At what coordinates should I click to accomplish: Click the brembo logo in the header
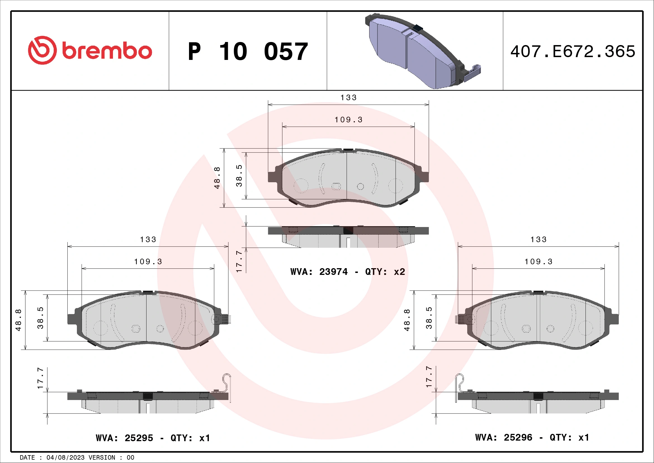point(90,50)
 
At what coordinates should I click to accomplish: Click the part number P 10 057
point(248,52)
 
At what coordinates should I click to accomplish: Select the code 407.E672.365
point(573,52)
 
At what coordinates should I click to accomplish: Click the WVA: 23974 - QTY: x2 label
point(348,272)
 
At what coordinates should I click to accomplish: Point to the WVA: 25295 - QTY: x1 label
point(153,438)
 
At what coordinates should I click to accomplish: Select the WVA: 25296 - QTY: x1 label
point(532,437)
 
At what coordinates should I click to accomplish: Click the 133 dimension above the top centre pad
point(349,97)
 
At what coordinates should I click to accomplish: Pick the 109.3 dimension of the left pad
point(148,261)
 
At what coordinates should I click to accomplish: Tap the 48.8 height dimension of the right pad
point(407,320)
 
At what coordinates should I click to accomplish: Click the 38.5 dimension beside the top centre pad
point(239,176)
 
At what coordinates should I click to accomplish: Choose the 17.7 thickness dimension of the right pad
point(429,377)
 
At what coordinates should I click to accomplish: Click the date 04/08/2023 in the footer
point(65,458)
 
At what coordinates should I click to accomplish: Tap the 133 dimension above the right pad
point(538,240)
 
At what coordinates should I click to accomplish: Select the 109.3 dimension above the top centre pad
point(349,120)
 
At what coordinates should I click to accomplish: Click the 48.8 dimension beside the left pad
point(18,320)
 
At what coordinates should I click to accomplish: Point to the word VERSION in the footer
point(102,458)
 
